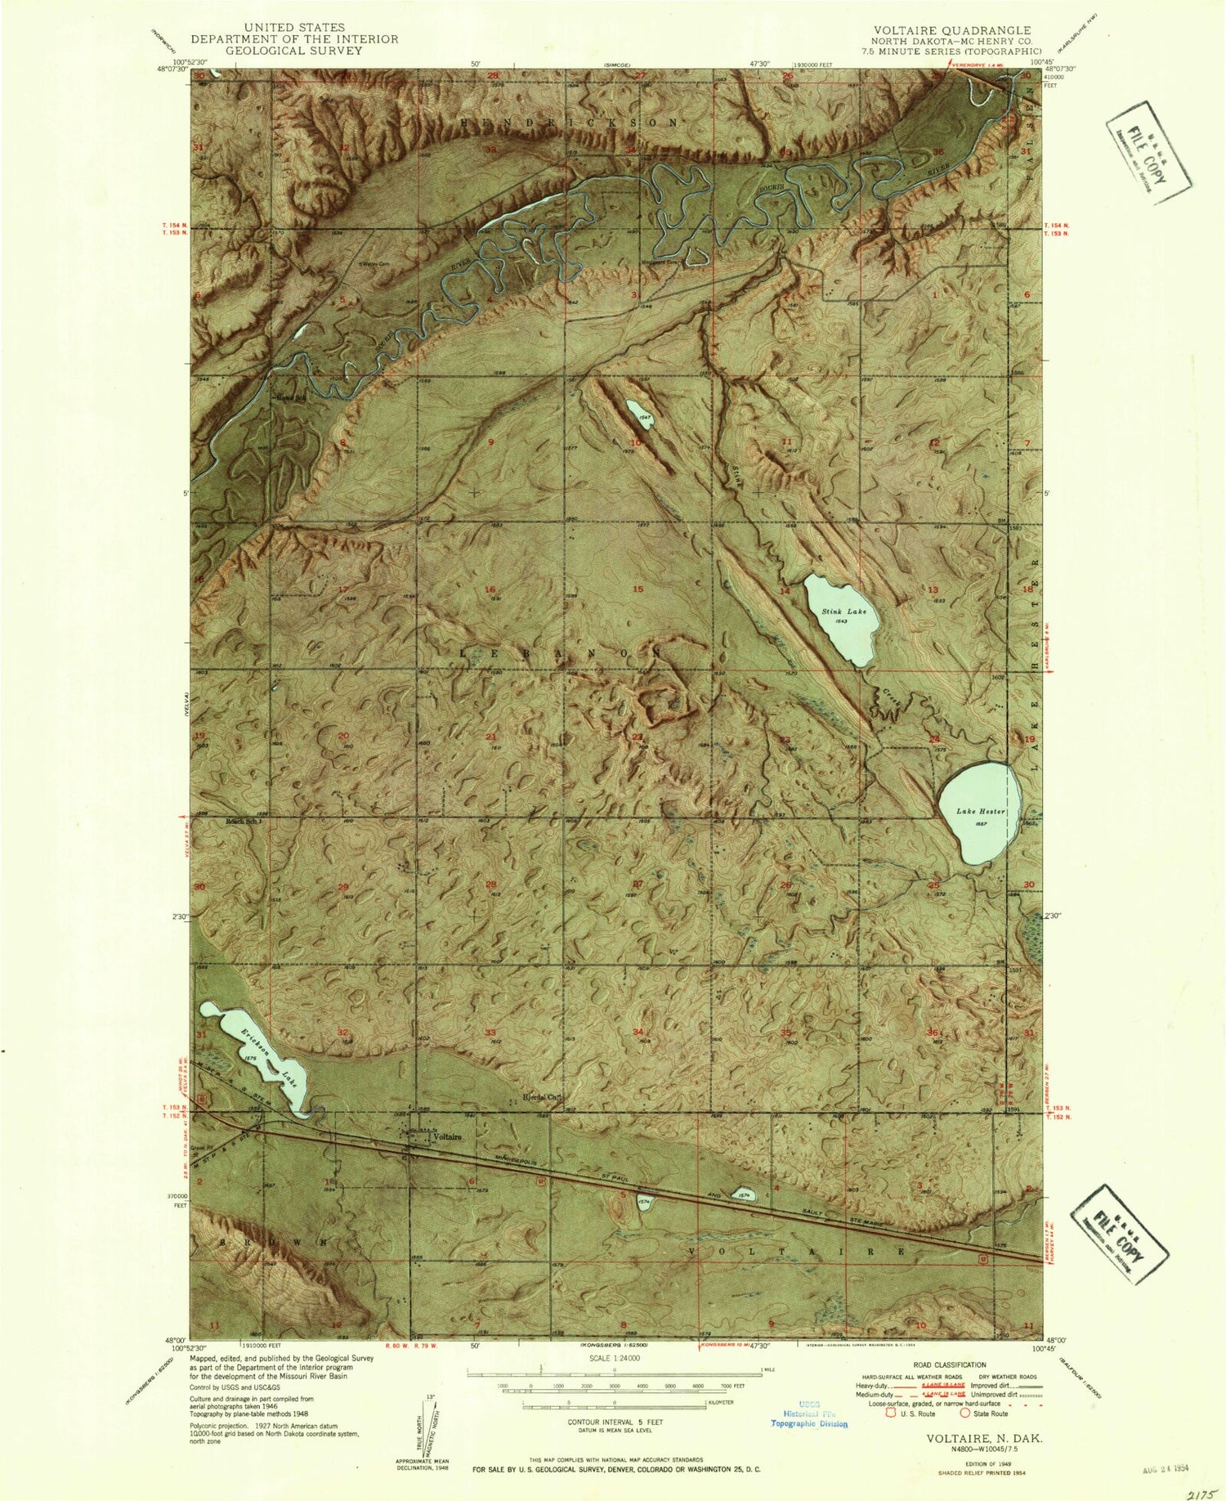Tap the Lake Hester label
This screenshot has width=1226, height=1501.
click(980, 811)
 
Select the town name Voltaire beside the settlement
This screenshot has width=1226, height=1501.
click(447, 1136)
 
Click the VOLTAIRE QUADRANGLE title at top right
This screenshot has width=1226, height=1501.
click(951, 30)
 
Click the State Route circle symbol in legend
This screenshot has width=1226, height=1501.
click(964, 1412)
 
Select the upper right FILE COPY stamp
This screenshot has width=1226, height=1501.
click(1149, 152)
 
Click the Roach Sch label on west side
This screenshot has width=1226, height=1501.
click(244, 822)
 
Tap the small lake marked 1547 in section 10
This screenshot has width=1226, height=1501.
click(639, 407)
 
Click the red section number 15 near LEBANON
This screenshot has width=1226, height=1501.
click(638, 589)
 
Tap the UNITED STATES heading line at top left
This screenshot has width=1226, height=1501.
click(294, 27)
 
